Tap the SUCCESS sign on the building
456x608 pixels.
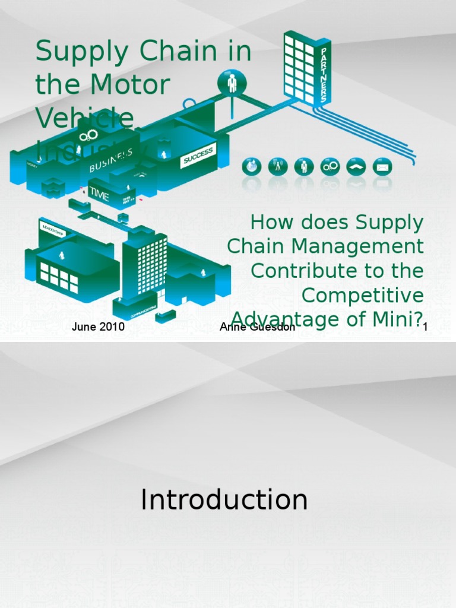pos(198,156)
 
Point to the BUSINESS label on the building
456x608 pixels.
pos(110,160)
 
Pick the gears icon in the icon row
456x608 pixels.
pos(330,167)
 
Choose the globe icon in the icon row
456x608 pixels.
pos(251,167)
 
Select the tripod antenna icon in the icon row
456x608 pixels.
pos(277,167)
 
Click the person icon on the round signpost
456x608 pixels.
pos(232,83)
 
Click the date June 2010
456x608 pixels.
pos(98,327)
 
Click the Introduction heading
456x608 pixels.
pos(224,500)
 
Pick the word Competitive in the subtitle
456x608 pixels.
pos(362,295)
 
